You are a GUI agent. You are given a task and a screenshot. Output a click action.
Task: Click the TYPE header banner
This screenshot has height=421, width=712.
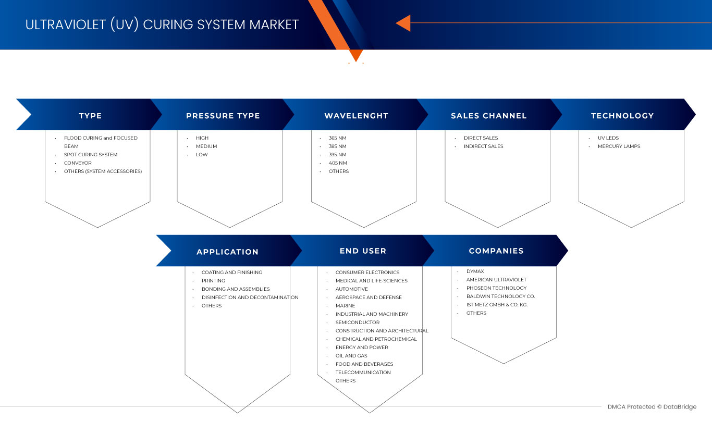[91, 115]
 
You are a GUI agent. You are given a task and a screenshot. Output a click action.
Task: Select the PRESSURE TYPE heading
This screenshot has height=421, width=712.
[223, 116]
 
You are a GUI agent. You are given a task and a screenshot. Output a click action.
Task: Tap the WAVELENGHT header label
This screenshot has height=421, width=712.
[357, 116]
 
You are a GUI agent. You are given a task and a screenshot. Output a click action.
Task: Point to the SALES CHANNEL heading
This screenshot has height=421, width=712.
[489, 116]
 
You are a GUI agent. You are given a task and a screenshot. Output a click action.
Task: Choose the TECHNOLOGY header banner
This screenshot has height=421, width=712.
[622, 115]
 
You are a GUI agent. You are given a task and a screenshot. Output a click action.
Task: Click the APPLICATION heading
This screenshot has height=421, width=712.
[228, 252]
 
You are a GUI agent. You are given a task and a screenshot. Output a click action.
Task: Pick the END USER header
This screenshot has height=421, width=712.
[363, 251]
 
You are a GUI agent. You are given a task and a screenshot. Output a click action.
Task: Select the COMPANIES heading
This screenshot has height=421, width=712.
[496, 251]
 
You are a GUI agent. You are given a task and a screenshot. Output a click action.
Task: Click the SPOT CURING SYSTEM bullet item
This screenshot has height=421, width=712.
[91, 155]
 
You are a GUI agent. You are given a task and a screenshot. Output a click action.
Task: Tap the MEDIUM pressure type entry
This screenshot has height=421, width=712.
[206, 146]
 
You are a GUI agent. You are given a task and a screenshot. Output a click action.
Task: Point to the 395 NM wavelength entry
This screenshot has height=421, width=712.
[338, 155]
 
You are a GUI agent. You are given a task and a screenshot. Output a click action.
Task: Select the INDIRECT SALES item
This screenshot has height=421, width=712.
[484, 146]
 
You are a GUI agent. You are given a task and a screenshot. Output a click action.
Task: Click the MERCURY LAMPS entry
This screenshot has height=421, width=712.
[619, 146]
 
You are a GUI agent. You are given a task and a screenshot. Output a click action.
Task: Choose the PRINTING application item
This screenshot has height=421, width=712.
[213, 281]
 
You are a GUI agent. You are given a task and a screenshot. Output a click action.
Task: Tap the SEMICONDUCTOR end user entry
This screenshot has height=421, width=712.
[358, 323]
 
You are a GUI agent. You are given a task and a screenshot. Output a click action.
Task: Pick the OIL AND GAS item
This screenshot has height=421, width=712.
[351, 356]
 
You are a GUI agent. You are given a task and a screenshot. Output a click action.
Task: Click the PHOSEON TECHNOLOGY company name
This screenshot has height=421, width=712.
[497, 288]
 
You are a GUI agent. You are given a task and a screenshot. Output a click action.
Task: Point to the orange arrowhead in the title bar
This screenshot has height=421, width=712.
[403, 23]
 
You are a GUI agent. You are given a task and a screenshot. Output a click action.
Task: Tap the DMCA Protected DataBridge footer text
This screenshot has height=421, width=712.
[652, 407]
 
